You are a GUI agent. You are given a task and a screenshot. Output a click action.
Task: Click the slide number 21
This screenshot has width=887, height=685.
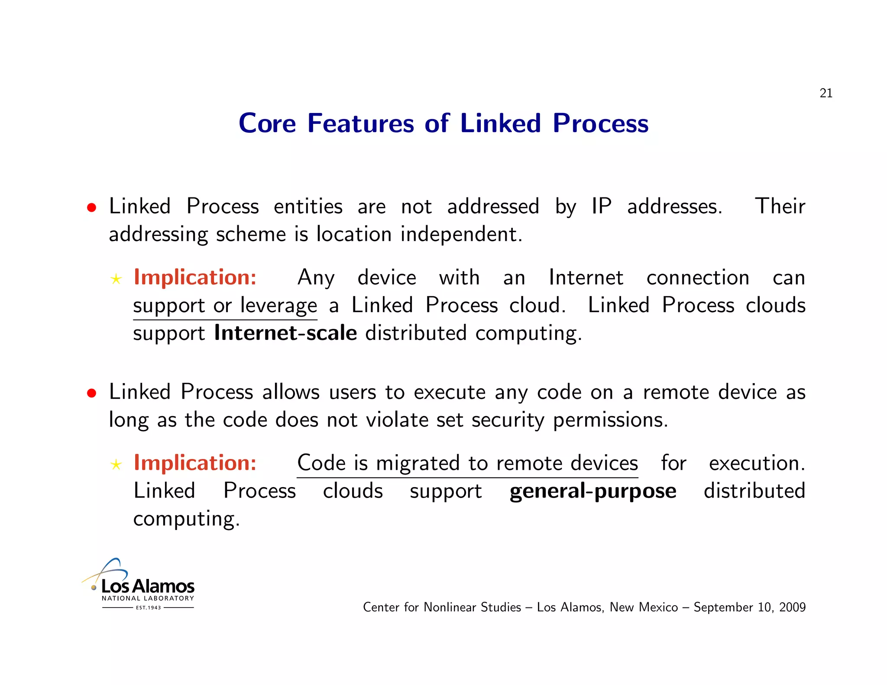click(x=825, y=93)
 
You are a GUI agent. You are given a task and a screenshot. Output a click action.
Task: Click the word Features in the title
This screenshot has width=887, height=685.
click(x=360, y=123)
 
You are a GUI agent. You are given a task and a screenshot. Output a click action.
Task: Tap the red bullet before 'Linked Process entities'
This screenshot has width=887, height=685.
click(x=91, y=207)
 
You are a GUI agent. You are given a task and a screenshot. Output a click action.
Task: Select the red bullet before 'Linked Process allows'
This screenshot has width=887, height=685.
click(x=91, y=393)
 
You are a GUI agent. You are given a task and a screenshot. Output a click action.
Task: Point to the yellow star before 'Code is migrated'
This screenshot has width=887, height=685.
click(x=116, y=465)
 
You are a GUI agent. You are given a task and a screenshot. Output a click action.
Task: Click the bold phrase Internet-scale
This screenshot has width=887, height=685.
click(x=285, y=333)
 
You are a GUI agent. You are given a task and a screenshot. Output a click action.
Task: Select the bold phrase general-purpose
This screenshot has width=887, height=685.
click(x=592, y=491)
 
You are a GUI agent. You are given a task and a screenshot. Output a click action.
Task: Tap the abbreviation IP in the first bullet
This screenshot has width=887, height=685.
click(x=602, y=206)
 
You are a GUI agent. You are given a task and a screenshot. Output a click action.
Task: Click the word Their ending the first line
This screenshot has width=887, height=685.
click(x=780, y=206)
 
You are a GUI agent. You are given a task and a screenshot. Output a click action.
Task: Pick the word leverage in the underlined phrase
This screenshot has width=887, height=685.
click(x=278, y=306)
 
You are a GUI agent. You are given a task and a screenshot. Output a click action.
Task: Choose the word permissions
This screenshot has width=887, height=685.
click(x=610, y=420)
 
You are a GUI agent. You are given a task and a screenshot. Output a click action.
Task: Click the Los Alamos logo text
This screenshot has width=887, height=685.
click(x=148, y=586)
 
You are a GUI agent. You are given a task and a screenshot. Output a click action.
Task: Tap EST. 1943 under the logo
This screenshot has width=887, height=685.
click(x=148, y=607)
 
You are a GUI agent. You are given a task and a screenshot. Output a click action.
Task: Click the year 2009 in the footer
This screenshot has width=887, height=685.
click(x=792, y=607)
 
